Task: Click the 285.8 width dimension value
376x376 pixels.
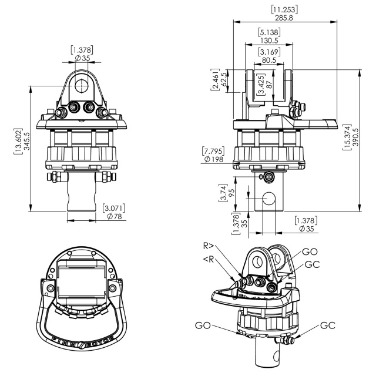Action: tap(284, 18)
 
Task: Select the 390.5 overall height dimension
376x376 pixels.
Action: tap(355, 137)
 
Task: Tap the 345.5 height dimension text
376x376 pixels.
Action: tap(27, 141)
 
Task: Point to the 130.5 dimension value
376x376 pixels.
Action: tap(269, 41)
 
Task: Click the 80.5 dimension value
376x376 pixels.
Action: tap(269, 60)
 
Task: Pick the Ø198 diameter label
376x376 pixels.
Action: tap(213, 159)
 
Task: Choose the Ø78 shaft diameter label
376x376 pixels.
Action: tap(115, 216)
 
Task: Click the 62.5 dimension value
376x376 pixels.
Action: tap(223, 79)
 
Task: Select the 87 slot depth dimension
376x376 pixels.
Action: tap(269, 85)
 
